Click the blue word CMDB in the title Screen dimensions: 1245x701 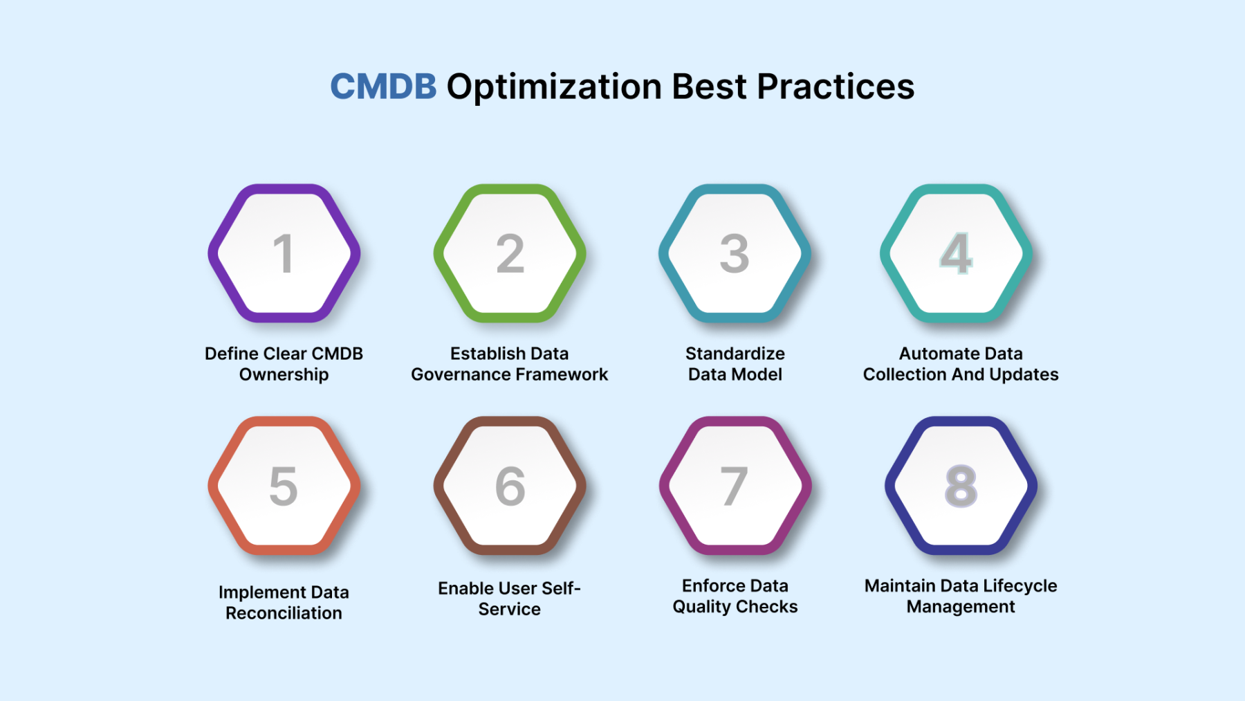(383, 87)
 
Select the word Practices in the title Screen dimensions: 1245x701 (836, 87)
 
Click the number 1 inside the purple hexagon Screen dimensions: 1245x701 (283, 253)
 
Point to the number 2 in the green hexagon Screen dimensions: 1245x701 (510, 253)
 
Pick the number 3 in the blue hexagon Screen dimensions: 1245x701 (735, 253)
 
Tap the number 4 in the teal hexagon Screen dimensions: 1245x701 (957, 253)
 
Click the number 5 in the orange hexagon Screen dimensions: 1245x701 (284, 486)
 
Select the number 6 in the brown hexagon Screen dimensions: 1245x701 (510, 486)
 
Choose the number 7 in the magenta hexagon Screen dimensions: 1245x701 (735, 486)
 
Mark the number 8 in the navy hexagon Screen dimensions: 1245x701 (961, 486)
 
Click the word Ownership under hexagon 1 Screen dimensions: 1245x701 (284, 375)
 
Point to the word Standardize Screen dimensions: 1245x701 (735, 354)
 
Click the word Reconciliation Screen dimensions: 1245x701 (284, 613)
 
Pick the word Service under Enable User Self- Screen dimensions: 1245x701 (510, 609)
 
